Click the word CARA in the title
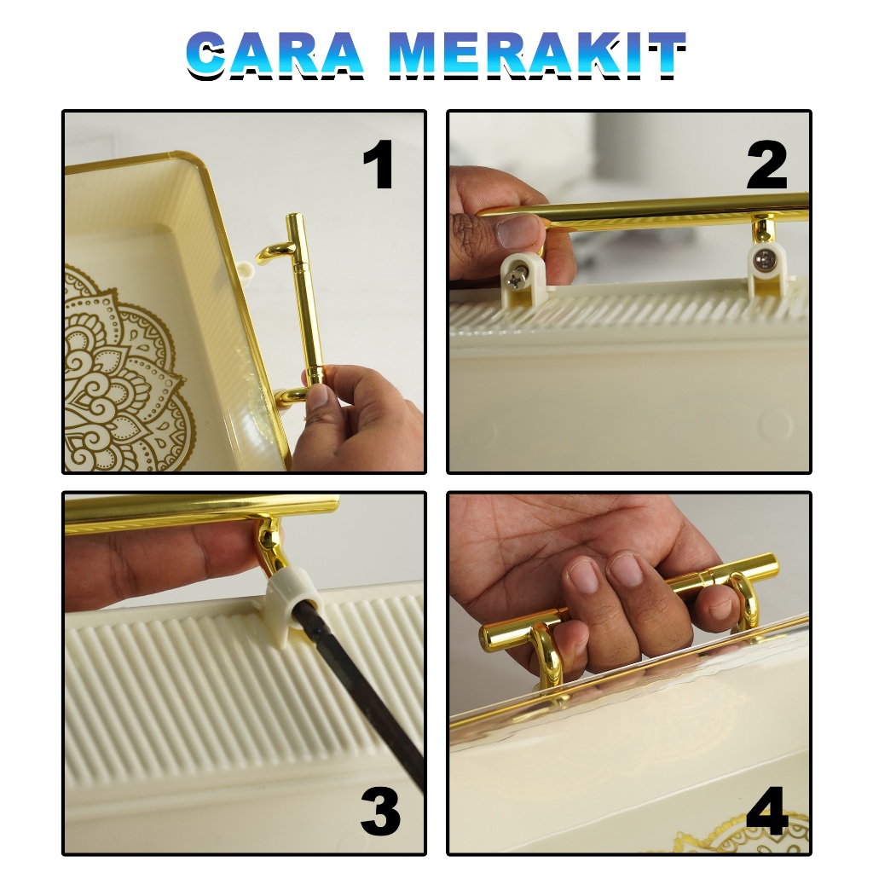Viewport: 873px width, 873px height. [275, 55]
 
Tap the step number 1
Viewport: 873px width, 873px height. [379, 165]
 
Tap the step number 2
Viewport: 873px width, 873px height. [766, 165]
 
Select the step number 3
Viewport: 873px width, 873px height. [381, 810]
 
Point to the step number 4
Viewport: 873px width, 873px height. [767, 810]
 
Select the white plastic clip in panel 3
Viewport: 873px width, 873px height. [289, 606]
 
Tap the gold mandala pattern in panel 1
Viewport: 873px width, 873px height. [124, 368]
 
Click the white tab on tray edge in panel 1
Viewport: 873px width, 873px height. [247, 271]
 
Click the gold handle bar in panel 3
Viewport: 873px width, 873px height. [201, 509]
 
